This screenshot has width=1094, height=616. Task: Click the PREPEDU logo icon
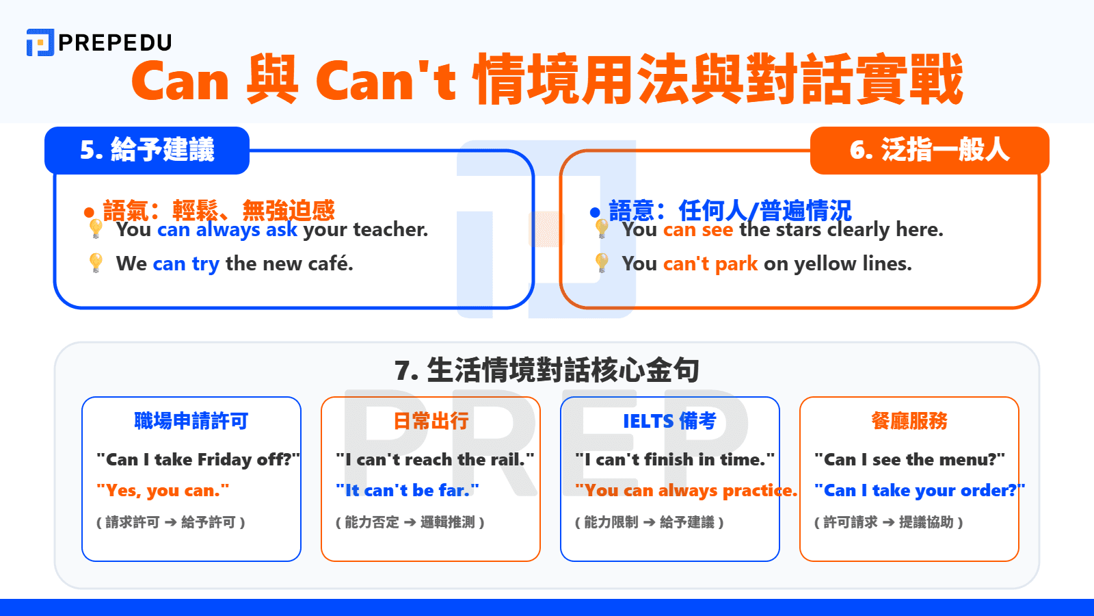pos(40,42)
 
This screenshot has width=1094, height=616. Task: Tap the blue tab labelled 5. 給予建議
pos(147,150)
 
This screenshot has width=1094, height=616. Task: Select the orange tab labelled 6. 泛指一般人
pos(929,150)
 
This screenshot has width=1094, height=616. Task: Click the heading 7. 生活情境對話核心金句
pos(547,370)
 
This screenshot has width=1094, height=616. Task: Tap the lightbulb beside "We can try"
pos(96,262)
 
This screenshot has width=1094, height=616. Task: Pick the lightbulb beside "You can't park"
pos(602,262)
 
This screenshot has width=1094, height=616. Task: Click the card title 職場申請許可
pos(191,421)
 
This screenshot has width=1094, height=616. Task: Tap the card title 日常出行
pos(431,421)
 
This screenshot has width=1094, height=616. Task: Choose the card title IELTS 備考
pos(669,421)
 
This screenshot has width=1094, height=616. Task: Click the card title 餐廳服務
pos(909,421)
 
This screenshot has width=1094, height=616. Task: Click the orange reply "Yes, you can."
pos(163,491)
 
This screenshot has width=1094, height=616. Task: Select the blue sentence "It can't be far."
pos(408,491)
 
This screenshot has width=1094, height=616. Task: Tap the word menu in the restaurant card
pos(968,459)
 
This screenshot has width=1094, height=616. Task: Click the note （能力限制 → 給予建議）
pos(650,522)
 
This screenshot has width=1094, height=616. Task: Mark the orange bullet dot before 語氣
pos(89,213)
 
